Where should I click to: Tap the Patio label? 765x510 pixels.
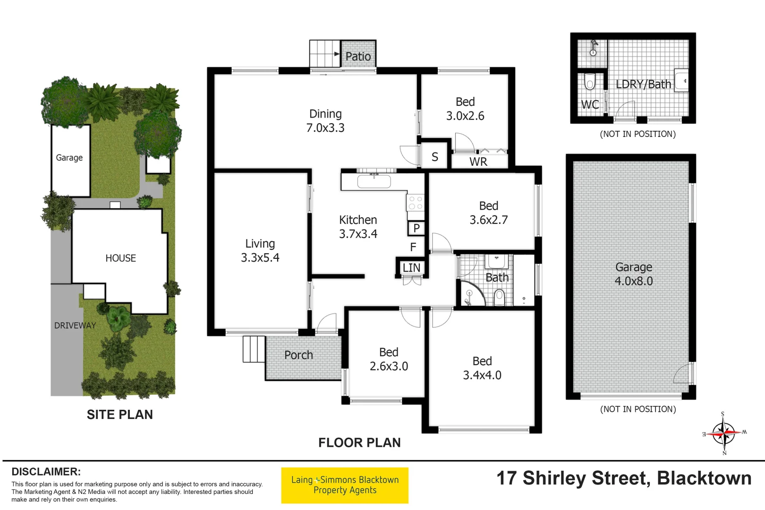358,57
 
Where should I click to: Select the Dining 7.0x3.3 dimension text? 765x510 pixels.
325,128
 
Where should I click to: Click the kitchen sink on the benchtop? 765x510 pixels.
374,181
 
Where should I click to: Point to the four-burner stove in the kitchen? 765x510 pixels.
416,203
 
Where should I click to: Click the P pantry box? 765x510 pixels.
416,229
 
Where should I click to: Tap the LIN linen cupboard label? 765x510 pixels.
411,268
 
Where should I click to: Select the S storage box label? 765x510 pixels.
435,157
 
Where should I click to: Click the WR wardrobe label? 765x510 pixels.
478,162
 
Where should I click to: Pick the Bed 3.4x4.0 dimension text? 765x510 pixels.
482,375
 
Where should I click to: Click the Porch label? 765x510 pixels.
298,355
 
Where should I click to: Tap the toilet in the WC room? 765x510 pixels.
589,82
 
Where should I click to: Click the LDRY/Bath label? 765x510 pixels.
643,85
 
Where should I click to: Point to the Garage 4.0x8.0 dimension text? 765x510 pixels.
633,281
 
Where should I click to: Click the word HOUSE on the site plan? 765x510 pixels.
120,258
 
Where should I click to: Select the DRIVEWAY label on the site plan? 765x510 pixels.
75,325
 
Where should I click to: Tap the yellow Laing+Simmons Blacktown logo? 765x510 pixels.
345,485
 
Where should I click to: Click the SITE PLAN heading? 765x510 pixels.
120,415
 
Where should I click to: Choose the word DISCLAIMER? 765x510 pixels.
46,472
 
